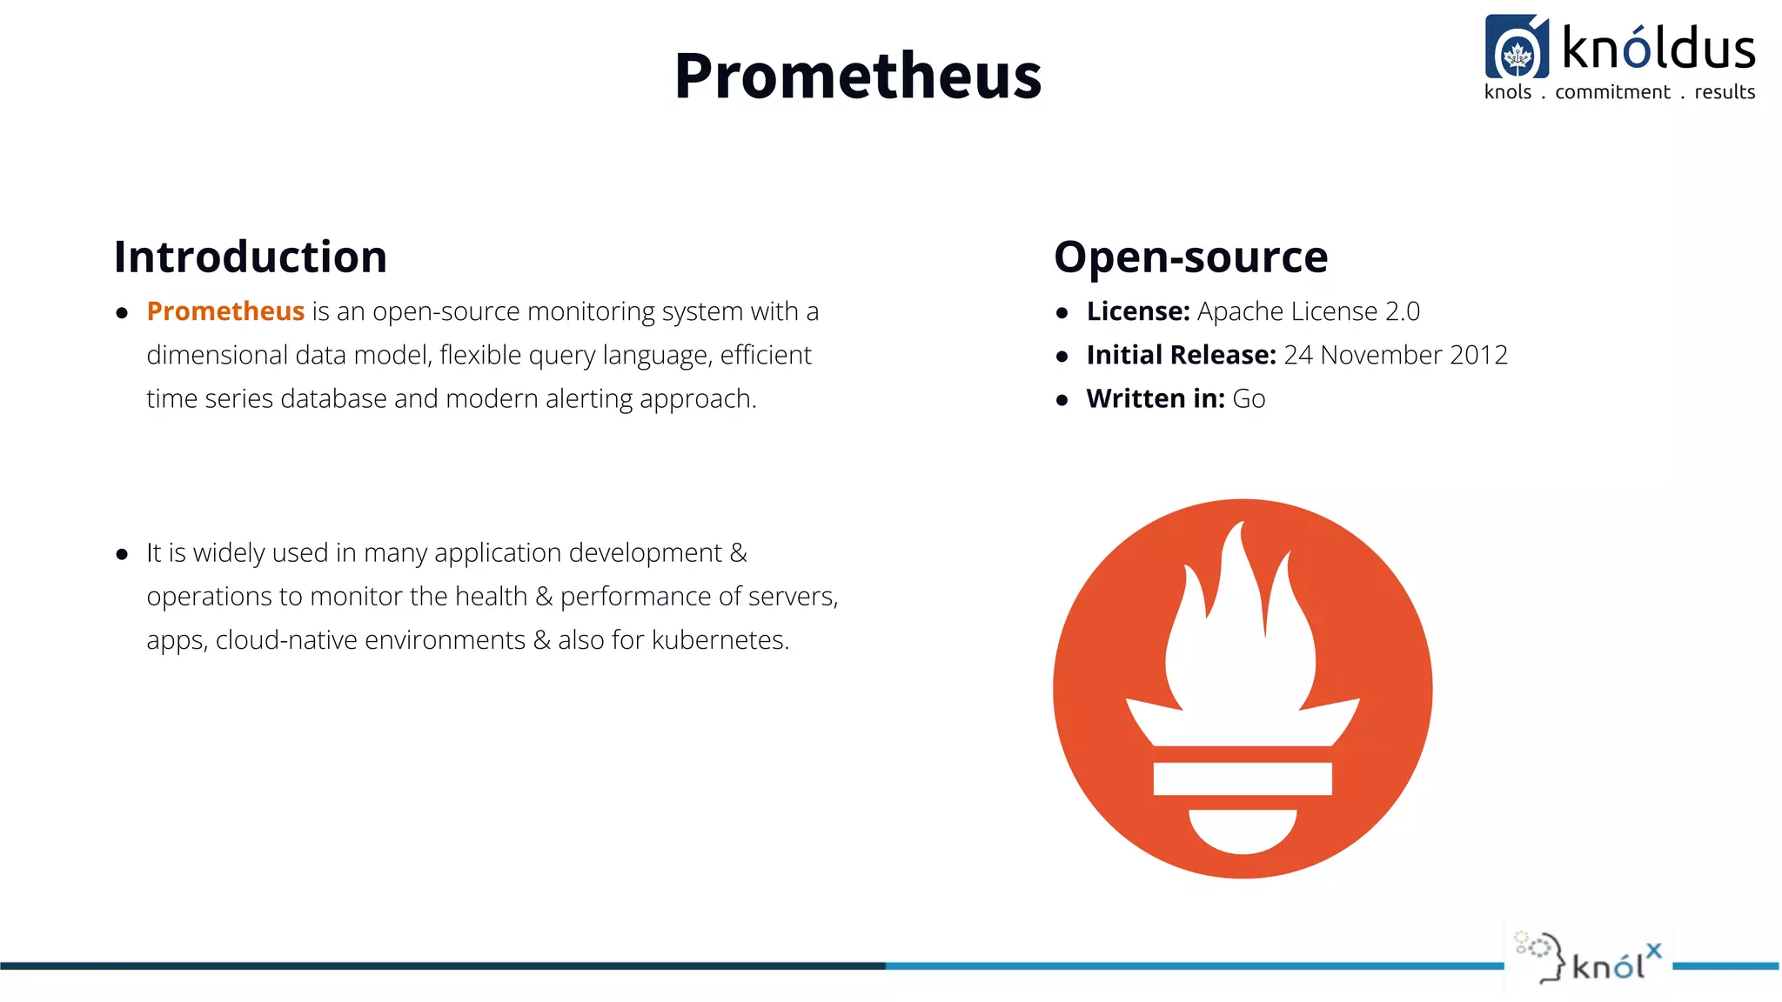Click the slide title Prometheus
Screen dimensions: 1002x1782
click(x=857, y=77)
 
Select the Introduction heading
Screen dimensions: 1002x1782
click(x=251, y=257)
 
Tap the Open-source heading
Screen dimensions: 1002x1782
click(x=1190, y=257)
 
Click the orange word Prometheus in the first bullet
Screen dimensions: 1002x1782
click(x=225, y=311)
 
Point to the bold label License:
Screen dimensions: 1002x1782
click(x=1138, y=311)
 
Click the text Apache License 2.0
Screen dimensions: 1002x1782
click(x=1308, y=311)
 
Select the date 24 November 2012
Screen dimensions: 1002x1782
click(x=1396, y=355)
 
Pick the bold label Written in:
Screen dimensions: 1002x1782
click(x=1156, y=398)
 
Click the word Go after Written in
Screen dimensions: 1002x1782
click(x=1249, y=399)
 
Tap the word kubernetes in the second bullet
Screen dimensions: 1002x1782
click(x=720, y=640)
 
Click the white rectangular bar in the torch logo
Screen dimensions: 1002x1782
click(x=1243, y=778)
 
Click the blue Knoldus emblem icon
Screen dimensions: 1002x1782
click(x=1517, y=48)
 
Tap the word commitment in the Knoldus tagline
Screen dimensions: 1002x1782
click(x=1612, y=92)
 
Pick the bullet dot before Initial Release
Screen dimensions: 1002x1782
click(x=1062, y=357)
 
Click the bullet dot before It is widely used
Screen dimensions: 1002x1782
click(x=122, y=554)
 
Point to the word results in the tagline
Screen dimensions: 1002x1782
click(x=1725, y=92)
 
